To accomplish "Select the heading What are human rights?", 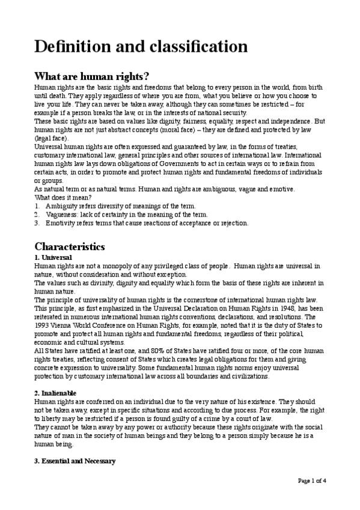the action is tap(92, 76).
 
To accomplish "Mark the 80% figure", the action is tap(144, 351).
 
